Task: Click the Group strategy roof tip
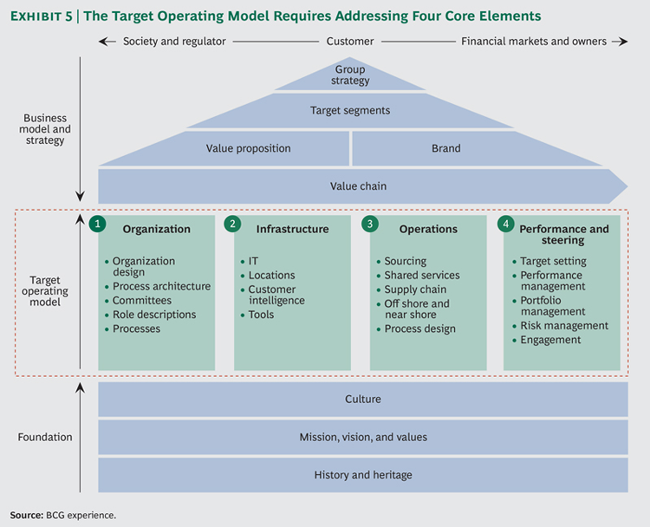tap(350, 75)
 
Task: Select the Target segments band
tap(350, 111)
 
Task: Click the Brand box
tap(446, 148)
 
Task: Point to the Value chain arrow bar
tap(358, 186)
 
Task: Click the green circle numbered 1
tap(98, 224)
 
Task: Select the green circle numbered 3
tap(370, 224)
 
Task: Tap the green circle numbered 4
tap(505, 224)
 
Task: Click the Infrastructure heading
tap(292, 230)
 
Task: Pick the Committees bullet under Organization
tap(141, 301)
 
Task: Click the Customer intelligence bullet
tap(276, 295)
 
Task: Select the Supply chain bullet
tap(415, 290)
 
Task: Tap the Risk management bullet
tap(563, 326)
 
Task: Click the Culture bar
tap(363, 400)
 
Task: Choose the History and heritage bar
tap(363, 475)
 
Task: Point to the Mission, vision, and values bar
tap(363, 438)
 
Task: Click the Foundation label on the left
tap(45, 438)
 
